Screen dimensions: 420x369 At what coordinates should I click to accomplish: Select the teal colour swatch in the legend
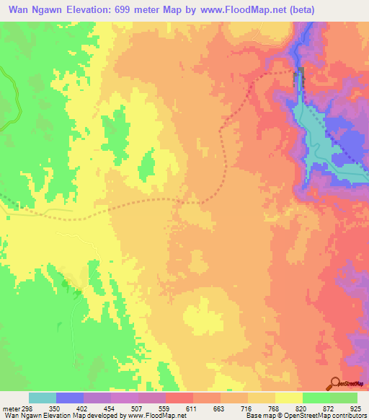click(43, 398)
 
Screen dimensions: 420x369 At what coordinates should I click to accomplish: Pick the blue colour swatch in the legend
click(70, 398)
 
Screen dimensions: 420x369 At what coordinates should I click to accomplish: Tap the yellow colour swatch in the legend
click(289, 398)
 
